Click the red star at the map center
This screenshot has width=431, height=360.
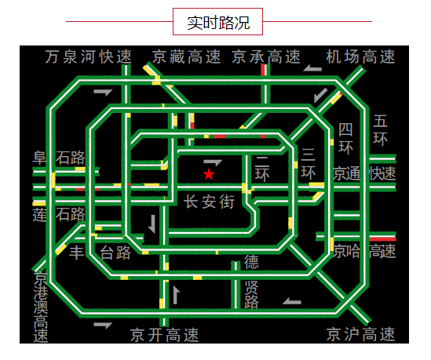[209, 174]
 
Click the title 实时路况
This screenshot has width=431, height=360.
[218, 23]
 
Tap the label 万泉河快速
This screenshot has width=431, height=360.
[88, 56]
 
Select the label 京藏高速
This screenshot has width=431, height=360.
[186, 56]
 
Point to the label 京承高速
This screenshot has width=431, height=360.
[266, 56]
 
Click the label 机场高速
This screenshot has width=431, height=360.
[360, 56]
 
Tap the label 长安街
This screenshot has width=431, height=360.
[209, 202]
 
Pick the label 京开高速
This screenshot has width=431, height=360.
[164, 335]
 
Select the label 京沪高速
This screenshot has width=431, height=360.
[361, 334]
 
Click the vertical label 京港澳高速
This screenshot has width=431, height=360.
[41, 307]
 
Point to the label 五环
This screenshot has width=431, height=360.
[381, 130]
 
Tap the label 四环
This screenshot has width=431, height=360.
[345, 139]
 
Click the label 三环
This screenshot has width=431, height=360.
[308, 164]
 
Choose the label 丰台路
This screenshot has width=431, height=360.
[100, 253]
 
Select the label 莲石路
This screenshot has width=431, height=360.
[59, 214]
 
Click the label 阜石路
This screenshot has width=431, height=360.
[59, 158]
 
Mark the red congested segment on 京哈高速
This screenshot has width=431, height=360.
[382, 239]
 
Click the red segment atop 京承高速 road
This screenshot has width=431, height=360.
[263, 70]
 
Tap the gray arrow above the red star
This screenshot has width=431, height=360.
[213, 162]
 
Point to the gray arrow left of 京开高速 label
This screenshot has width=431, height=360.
[103, 325]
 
